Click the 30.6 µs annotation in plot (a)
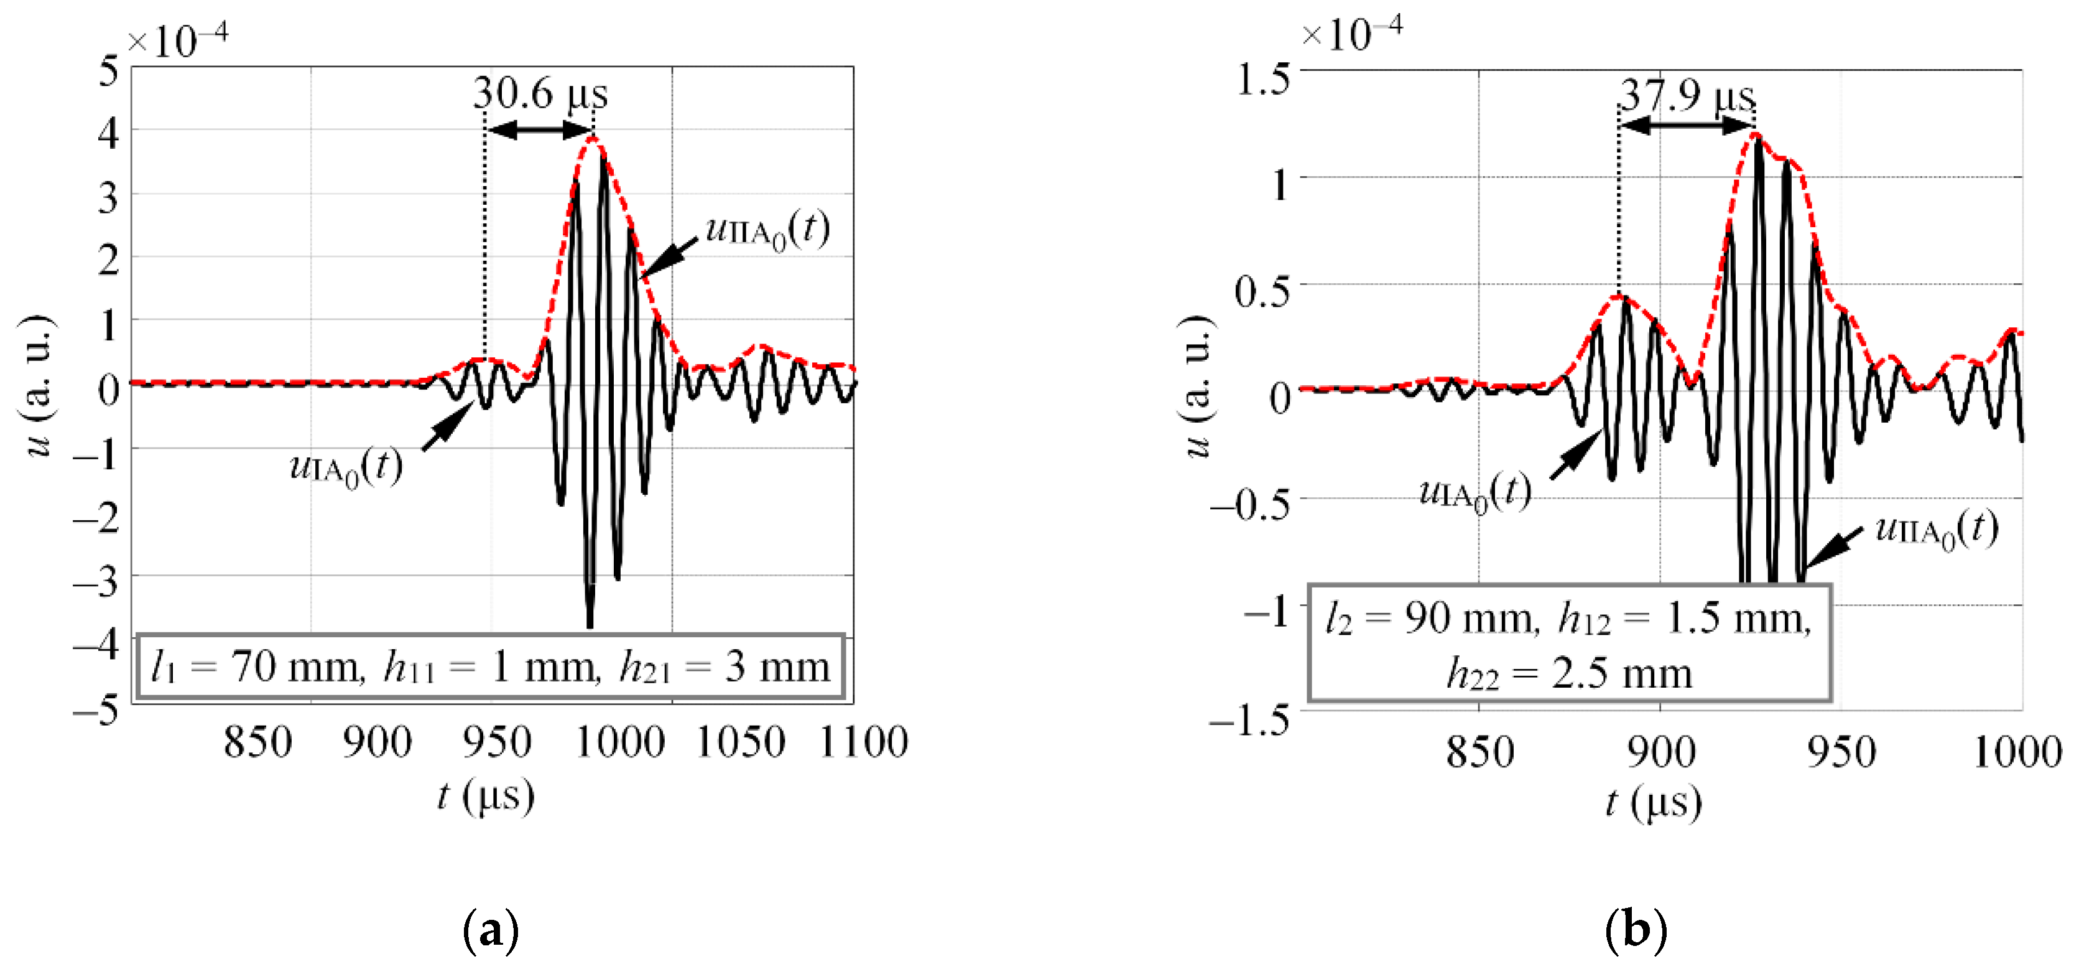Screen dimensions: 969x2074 coord(539,93)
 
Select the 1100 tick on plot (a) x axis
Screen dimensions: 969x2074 coord(863,742)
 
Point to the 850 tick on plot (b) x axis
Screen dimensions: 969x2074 coord(1480,752)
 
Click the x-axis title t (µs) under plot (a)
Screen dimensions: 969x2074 coord(486,797)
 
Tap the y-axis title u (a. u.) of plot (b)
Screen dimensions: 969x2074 coord(1197,386)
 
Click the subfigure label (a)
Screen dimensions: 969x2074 coord(491,931)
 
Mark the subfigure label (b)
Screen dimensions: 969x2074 coord(1635,931)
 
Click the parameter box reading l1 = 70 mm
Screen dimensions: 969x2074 coord(490,667)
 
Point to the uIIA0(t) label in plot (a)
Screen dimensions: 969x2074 coord(766,231)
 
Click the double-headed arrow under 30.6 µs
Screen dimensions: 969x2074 coord(539,129)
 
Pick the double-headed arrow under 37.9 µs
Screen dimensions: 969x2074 coord(1687,126)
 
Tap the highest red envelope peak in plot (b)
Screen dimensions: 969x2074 coord(1755,134)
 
